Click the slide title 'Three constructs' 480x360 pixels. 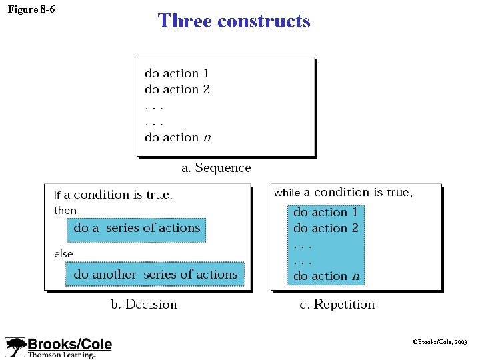[234, 21]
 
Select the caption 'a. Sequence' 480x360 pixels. [216, 168]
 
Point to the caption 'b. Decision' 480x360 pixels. [143, 305]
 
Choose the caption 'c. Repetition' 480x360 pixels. [337, 305]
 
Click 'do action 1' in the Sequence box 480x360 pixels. [177, 73]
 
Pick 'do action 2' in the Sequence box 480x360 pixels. [177, 89]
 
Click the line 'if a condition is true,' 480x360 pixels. [113, 195]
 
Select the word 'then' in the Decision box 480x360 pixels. [65, 211]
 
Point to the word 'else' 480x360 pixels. [63, 253]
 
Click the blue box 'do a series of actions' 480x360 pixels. [137, 228]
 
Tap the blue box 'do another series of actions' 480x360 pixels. [155, 274]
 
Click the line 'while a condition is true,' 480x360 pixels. [343, 193]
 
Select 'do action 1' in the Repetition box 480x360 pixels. [325, 212]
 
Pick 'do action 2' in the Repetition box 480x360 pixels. [326, 228]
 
